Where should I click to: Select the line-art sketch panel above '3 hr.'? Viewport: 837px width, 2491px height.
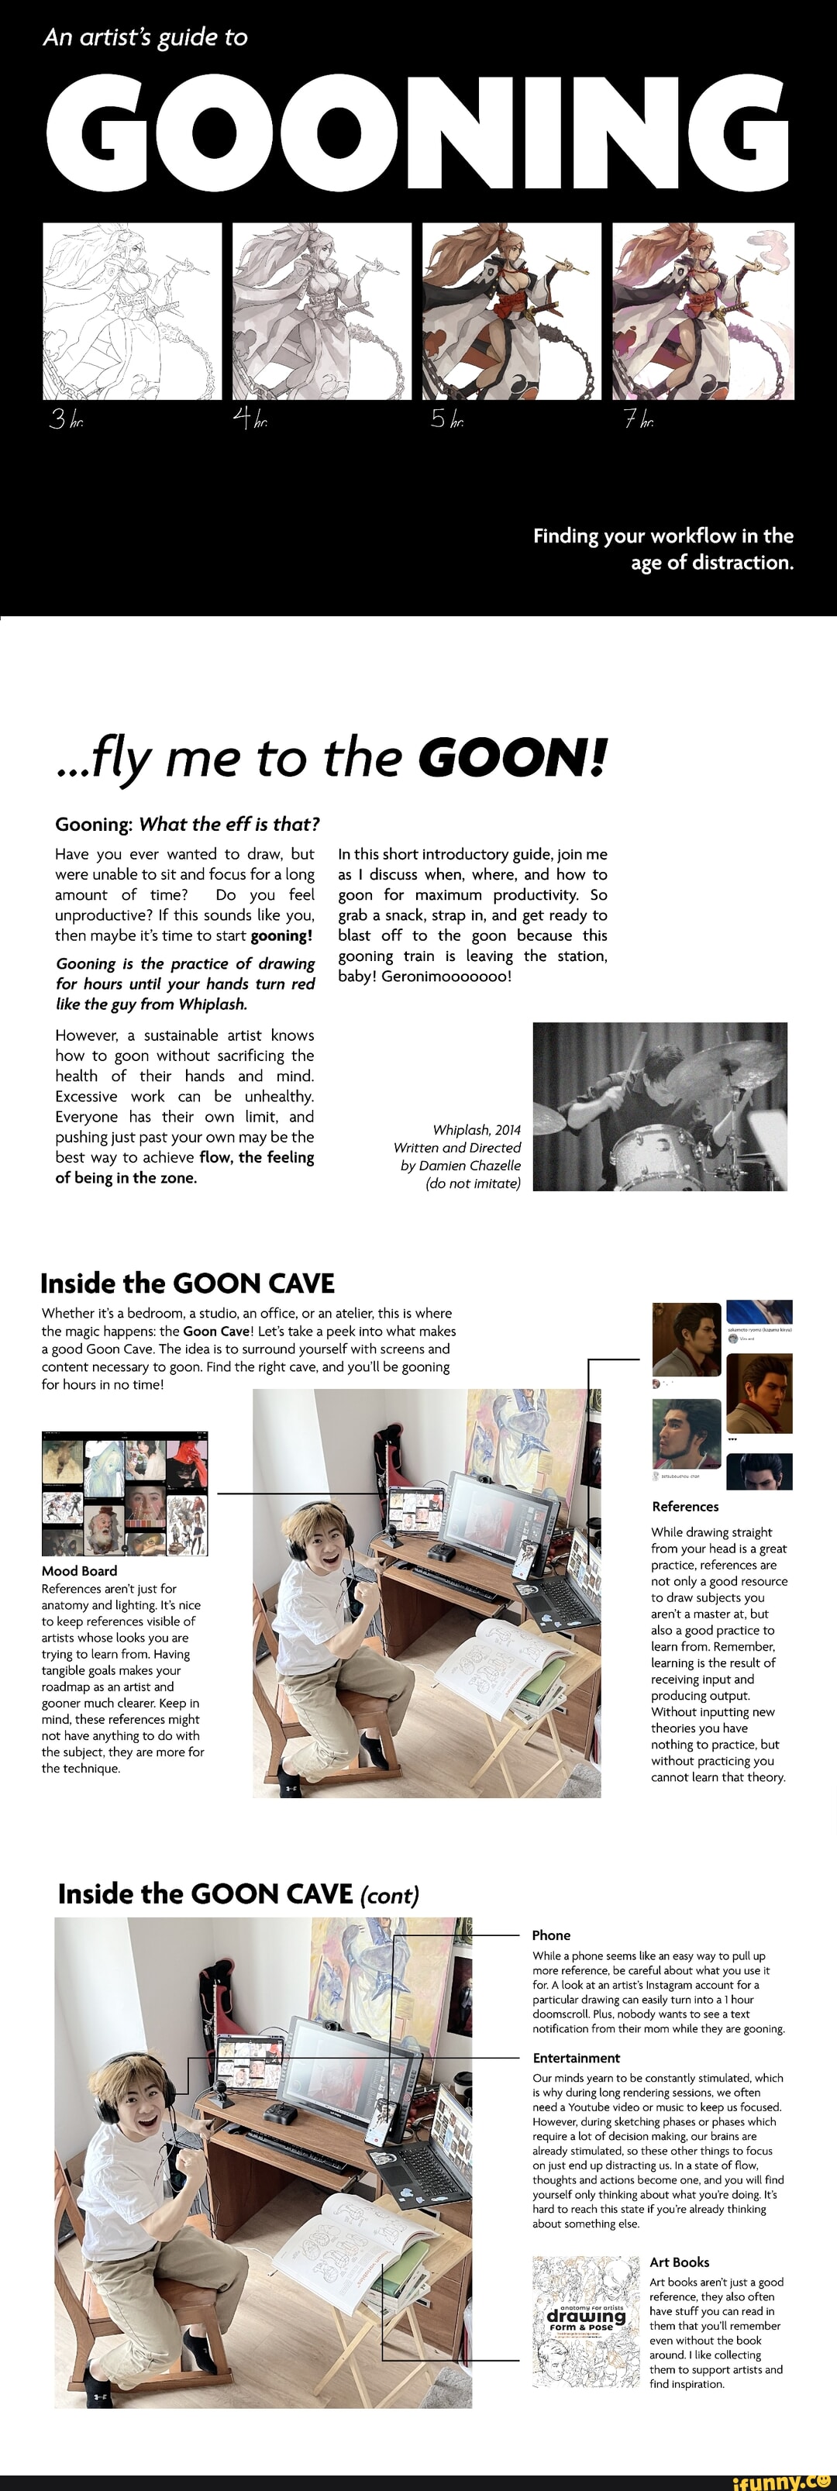tap(132, 311)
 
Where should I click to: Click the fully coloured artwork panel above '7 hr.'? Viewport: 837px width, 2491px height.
tap(703, 311)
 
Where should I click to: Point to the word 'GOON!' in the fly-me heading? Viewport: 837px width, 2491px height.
tap(513, 757)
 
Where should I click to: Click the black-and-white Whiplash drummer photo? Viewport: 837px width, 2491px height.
tap(660, 1106)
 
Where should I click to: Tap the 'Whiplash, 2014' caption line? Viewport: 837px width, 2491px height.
tap(477, 1129)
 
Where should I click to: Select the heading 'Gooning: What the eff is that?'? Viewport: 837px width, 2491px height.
tap(187, 824)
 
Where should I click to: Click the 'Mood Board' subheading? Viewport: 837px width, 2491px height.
tap(79, 1570)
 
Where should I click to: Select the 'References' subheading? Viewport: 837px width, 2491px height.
tap(684, 1506)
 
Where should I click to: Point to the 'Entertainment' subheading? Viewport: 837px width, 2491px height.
tap(576, 2057)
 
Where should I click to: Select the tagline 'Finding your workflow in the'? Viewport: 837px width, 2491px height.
tap(663, 536)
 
